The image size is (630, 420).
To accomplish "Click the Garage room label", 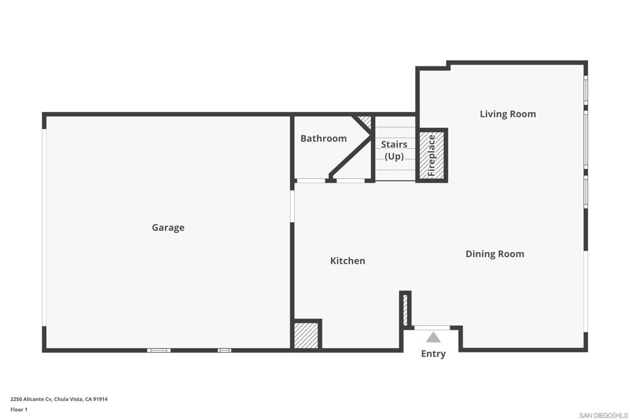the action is tap(168, 228).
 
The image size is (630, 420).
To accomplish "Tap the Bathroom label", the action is tap(324, 138).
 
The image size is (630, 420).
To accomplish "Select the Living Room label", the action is tap(508, 114).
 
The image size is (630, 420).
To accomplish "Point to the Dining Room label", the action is tap(495, 254).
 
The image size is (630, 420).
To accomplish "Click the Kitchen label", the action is tap(348, 261).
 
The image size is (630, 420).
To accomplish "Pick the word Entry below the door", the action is tap(433, 354).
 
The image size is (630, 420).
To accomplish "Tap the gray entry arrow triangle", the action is tap(433, 337).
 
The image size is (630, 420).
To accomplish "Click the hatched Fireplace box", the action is tap(431, 156).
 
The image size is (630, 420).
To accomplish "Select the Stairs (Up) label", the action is tap(394, 150).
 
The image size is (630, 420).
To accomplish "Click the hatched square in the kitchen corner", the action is tap(306, 335).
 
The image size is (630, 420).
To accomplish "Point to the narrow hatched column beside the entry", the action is tap(405, 309).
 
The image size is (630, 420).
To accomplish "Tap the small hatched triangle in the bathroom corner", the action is tap(365, 121).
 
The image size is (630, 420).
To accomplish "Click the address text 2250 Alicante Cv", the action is tap(31, 399).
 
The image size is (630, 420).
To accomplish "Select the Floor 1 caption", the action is tap(19, 410).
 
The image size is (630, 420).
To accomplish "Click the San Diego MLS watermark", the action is tap(604, 415).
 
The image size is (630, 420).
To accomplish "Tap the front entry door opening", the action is tap(432, 328).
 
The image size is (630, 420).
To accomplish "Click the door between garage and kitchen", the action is tap(292, 206).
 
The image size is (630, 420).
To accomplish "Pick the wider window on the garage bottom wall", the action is tap(159, 351).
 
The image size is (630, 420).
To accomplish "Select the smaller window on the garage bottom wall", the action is tap(225, 351).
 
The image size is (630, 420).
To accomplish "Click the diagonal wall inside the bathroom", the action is tap(350, 157).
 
